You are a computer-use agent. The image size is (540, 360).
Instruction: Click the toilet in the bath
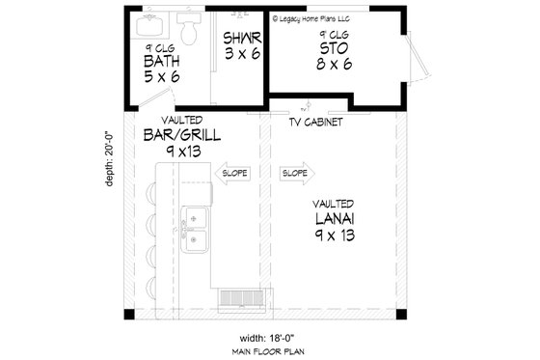click(190, 29)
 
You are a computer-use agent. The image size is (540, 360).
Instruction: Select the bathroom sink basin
click(153, 21)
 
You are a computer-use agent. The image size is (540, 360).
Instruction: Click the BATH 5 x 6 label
click(162, 64)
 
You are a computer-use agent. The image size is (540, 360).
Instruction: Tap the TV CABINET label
click(316, 124)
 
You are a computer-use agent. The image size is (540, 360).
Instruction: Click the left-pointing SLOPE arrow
click(232, 174)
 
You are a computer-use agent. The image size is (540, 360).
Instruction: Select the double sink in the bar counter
click(197, 230)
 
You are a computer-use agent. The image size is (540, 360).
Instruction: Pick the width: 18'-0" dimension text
click(267, 338)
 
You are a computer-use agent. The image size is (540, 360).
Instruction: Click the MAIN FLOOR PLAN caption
click(267, 351)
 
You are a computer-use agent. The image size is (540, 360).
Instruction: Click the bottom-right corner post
click(402, 316)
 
